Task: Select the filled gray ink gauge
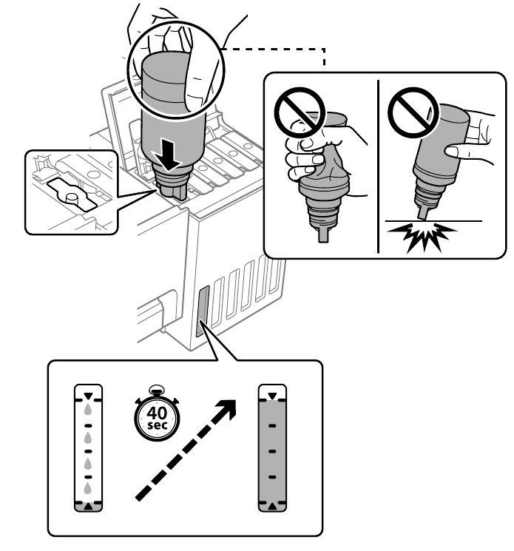tap(271, 449)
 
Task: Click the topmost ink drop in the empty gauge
tap(88, 408)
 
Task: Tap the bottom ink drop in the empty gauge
tap(88, 488)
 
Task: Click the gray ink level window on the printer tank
tap(203, 311)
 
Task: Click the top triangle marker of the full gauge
tap(271, 396)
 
